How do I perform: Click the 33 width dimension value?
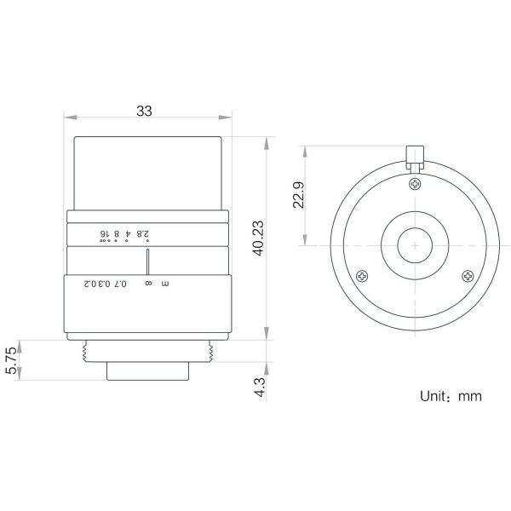[144, 111]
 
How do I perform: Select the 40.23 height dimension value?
[259, 238]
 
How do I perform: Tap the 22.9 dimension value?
[299, 195]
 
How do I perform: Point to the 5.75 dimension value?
[10, 360]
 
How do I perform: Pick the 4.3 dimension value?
[260, 388]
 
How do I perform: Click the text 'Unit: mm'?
[451, 396]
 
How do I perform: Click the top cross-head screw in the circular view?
[415, 184]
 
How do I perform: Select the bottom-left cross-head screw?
[362, 276]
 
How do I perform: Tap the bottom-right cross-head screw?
[468, 276]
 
